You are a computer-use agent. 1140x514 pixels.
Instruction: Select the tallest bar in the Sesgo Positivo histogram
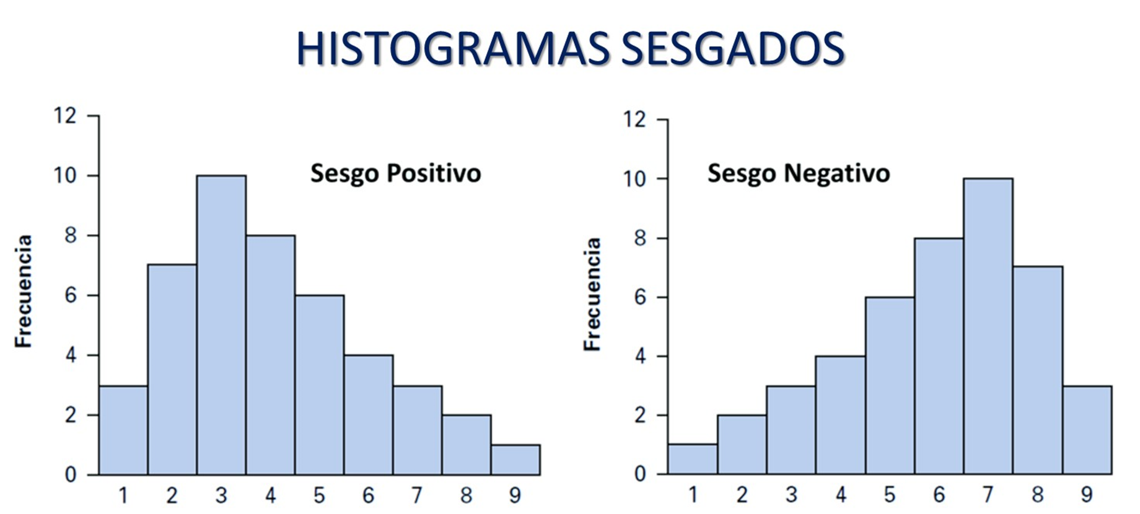click(x=221, y=325)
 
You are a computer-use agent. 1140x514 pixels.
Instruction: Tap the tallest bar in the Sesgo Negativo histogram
click(x=988, y=326)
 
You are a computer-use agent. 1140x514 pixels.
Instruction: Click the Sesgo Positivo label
click(x=395, y=173)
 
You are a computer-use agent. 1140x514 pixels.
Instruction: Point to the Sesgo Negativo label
click(x=799, y=173)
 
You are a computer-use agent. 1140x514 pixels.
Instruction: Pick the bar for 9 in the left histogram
click(x=515, y=460)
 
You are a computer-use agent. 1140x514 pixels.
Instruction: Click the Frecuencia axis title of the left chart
click(x=24, y=291)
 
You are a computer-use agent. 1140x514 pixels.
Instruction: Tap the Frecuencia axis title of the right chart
click(x=593, y=294)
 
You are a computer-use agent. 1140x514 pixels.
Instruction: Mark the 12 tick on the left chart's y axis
click(x=66, y=116)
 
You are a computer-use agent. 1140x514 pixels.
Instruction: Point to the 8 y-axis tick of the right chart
click(x=639, y=238)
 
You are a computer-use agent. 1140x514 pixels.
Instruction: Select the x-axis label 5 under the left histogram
click(x=319, y=495)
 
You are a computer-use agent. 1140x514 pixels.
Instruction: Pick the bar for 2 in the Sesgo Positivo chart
click(x=172, y=370)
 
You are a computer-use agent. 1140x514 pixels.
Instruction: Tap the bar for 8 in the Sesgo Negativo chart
click(x=1038, y=370)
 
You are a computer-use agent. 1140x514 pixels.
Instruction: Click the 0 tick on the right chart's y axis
click(x=639, y=474)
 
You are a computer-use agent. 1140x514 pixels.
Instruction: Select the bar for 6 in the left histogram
click(x=369, y=415)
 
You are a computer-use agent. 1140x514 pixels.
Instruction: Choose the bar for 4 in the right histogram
click(x=840, y=415)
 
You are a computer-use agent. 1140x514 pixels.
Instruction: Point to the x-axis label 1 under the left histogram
click(x=123, y=495)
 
